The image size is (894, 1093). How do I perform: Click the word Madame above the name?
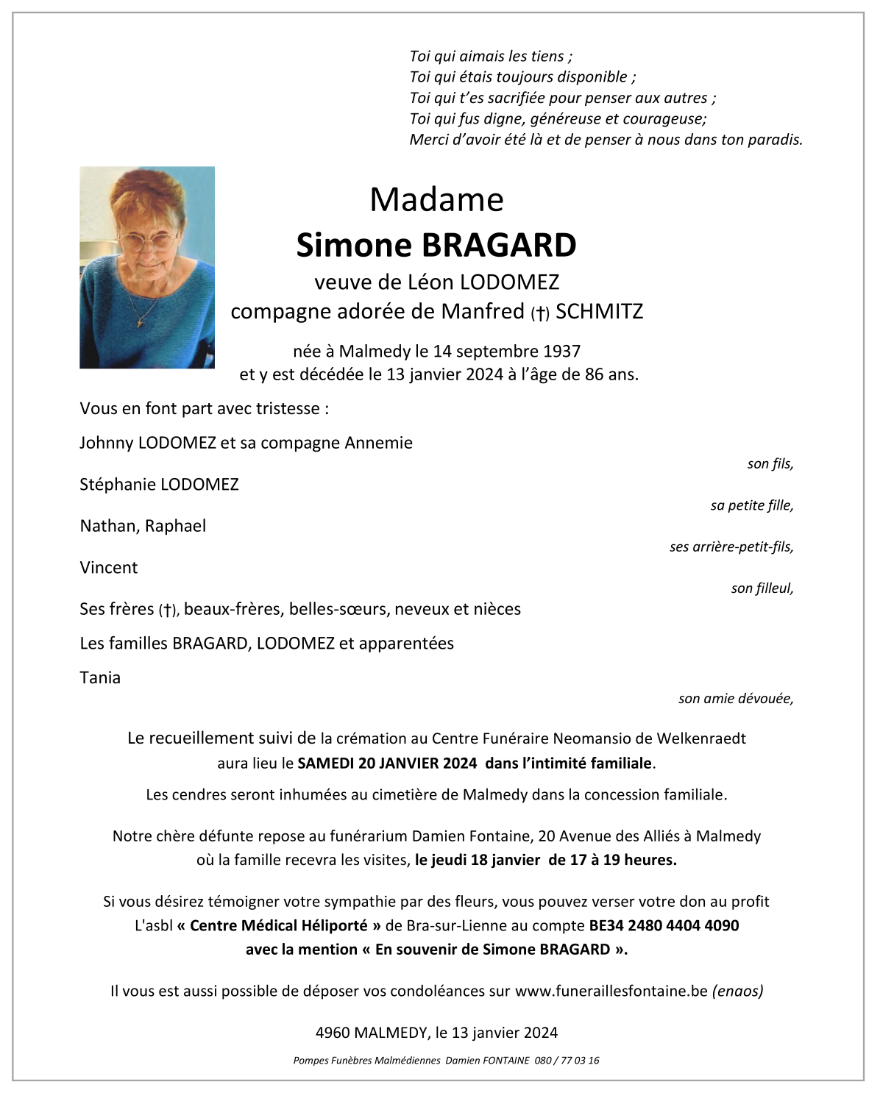click(x=436, y=199)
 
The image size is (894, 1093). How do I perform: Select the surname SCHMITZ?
click(x=599, y=312)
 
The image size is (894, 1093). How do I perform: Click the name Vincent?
click(x=109, y=568)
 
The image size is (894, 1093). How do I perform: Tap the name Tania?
click(x=100, y=678)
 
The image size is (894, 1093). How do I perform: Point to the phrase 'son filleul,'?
click(x=762, y=588)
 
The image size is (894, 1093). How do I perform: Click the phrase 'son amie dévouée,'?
click(x=736, y=699)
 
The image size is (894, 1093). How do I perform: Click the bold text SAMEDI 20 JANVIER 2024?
click(x=387, y=763)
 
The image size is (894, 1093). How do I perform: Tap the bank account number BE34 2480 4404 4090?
click(x=664, y=926)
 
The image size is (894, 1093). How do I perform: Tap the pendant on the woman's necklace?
click(x=139, y=321)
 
